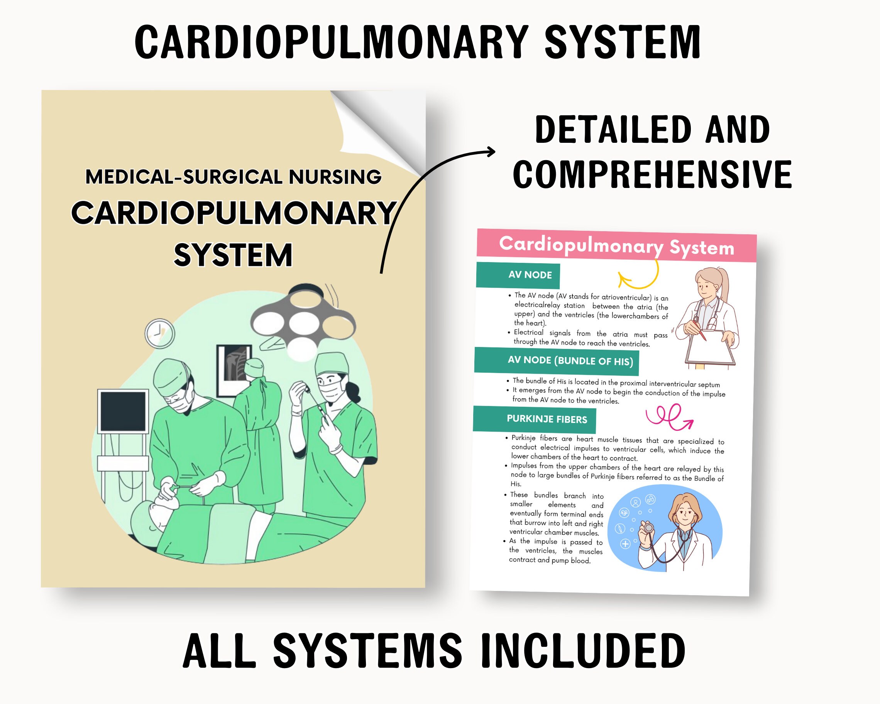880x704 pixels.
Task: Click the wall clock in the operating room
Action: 159,333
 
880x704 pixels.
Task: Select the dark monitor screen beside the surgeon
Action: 123,411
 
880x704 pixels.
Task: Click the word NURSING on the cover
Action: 335,177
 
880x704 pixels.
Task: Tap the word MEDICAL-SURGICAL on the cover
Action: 184,177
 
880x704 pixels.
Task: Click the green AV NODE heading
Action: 530,275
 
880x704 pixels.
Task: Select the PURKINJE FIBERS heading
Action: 547,419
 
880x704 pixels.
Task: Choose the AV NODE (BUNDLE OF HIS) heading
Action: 570,361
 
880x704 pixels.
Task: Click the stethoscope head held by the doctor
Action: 648,528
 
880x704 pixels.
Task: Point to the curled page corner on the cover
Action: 376,127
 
